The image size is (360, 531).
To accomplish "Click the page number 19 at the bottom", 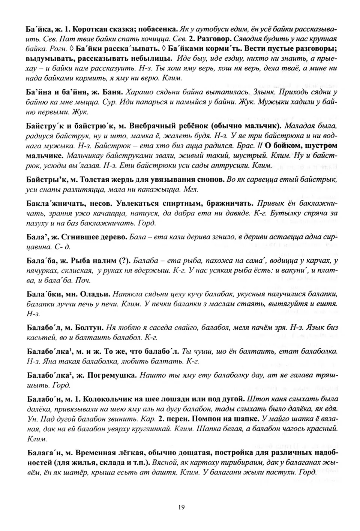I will [181, 507].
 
